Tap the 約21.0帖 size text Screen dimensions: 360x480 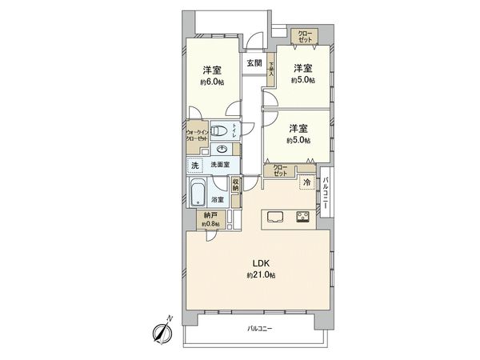click(x=261, y=275)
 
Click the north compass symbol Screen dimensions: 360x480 click(x=162, y=331)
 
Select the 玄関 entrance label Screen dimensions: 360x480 click(x=254, y=62)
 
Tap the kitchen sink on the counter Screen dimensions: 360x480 click(x=274, y=216)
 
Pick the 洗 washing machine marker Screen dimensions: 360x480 click(x=194, y=165)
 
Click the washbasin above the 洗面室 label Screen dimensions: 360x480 click(x=222, y=149)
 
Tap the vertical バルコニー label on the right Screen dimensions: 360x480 click(x=326, y=192)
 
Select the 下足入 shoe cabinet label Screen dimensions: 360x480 click(x=272, y=69)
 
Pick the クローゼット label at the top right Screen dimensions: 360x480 click(x=307, y=38)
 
